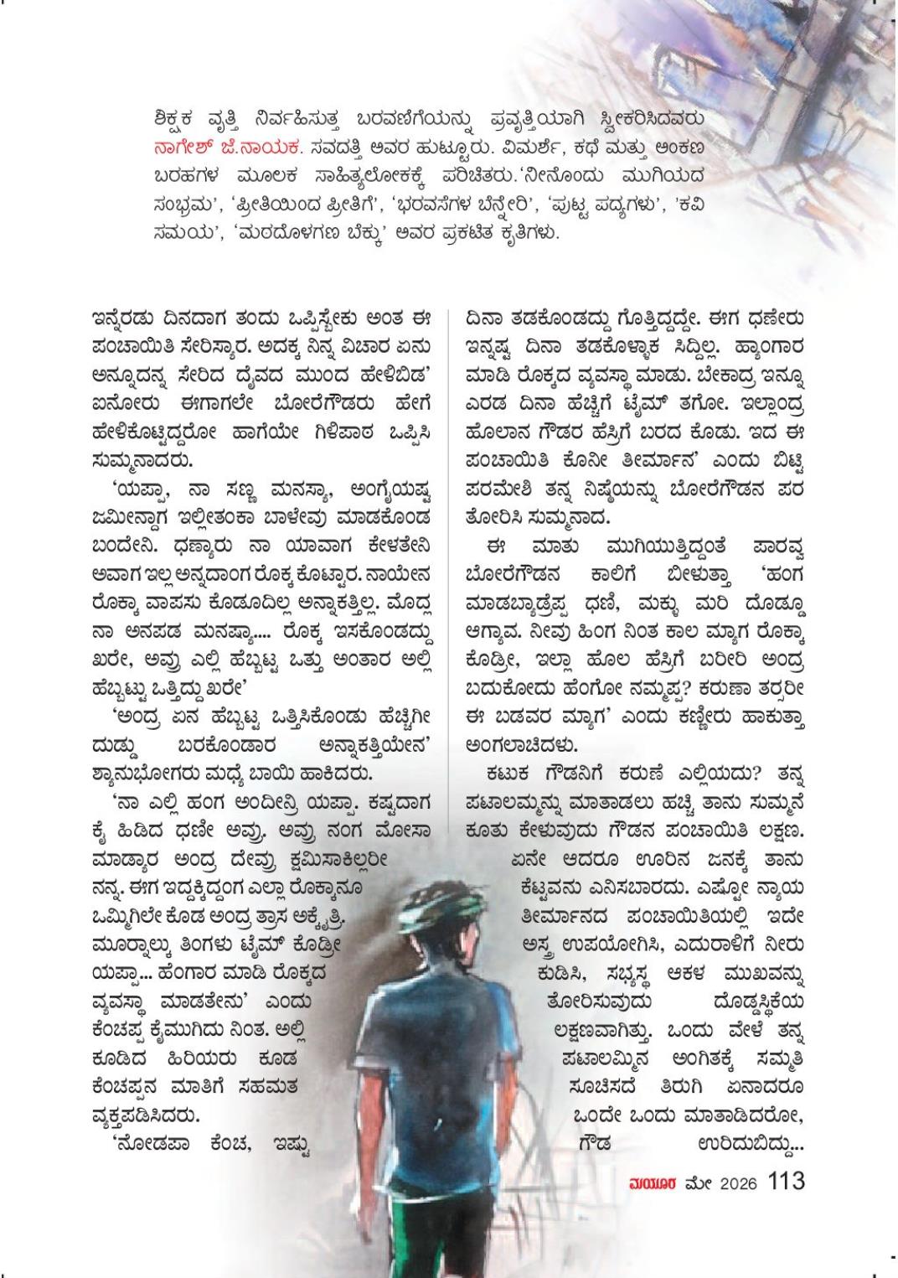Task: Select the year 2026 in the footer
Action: pos(734,1182)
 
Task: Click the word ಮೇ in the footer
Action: pos(696,1182)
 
